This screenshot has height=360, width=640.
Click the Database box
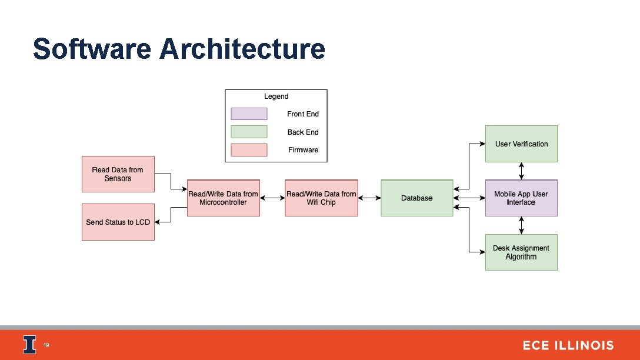417,198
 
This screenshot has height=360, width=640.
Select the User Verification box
521,144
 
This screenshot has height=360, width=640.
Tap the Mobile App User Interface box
521,198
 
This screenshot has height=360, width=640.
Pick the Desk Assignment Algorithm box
521,252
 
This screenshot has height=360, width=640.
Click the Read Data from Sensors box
118,174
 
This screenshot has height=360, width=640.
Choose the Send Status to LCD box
118,222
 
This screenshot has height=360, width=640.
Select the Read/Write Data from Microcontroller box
223,198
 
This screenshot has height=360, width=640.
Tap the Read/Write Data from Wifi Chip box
321,198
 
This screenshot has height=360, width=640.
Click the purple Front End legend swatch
249,114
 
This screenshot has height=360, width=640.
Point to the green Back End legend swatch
249,132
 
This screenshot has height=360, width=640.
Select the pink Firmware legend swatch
249,150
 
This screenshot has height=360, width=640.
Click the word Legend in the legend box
276,96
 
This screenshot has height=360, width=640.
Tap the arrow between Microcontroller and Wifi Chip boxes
272,198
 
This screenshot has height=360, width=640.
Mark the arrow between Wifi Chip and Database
369,198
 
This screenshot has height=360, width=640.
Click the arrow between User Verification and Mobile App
521,171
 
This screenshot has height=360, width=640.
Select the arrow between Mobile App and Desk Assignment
521,225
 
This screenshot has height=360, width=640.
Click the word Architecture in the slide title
242,49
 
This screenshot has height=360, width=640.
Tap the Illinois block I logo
29,345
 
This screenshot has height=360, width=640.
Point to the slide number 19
46,345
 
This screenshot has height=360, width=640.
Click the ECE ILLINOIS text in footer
568,346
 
